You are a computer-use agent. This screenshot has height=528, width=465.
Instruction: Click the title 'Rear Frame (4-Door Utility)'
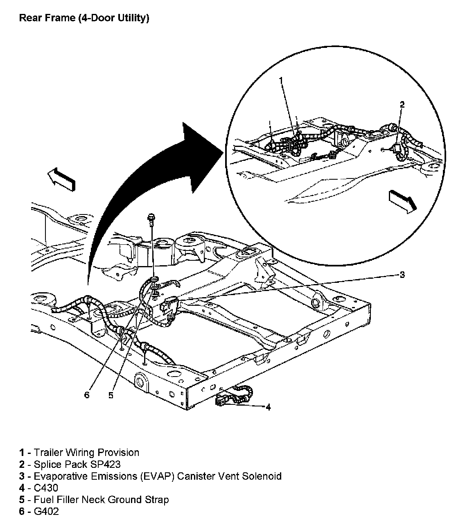pos(84,18)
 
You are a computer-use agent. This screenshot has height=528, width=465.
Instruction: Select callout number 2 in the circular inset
pos(402,105)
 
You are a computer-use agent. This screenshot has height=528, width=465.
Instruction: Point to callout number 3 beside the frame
pos(402,275)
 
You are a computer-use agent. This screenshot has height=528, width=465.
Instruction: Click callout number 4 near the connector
pos(268,407)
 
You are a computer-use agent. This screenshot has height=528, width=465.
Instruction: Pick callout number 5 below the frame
pos(111,395)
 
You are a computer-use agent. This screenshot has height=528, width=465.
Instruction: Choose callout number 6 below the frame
pos(86,395)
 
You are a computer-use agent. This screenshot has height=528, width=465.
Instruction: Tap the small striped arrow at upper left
pos(61,180)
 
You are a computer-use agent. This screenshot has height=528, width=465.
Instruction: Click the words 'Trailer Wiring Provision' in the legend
pos(86,452)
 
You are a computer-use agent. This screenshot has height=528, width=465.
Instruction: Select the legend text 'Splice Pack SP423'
pos(77,464)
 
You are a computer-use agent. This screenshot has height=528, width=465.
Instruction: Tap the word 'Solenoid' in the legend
pos(262,476)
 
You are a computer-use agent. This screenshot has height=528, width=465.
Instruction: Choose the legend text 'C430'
pos(46,488)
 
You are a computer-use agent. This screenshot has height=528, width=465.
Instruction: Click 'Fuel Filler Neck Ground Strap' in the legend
pos(101,500)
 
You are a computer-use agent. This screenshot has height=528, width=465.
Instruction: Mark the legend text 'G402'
pos(46,512)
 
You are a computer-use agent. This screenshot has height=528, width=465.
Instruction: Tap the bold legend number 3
pos(21,476)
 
